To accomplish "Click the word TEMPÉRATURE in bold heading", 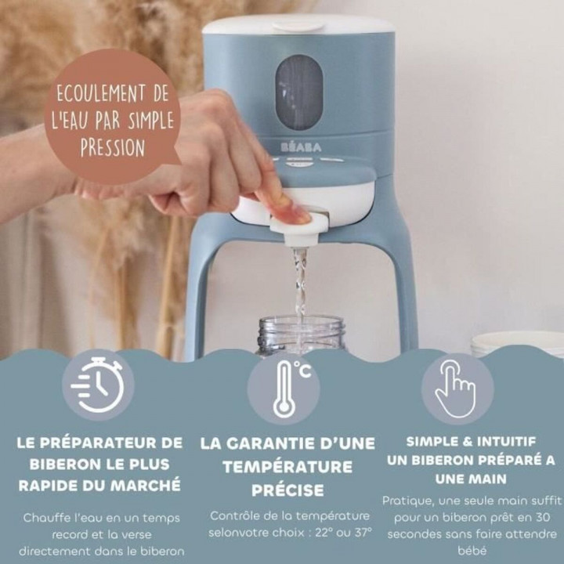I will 287,467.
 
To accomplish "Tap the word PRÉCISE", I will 287,490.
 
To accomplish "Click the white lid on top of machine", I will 298,26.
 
